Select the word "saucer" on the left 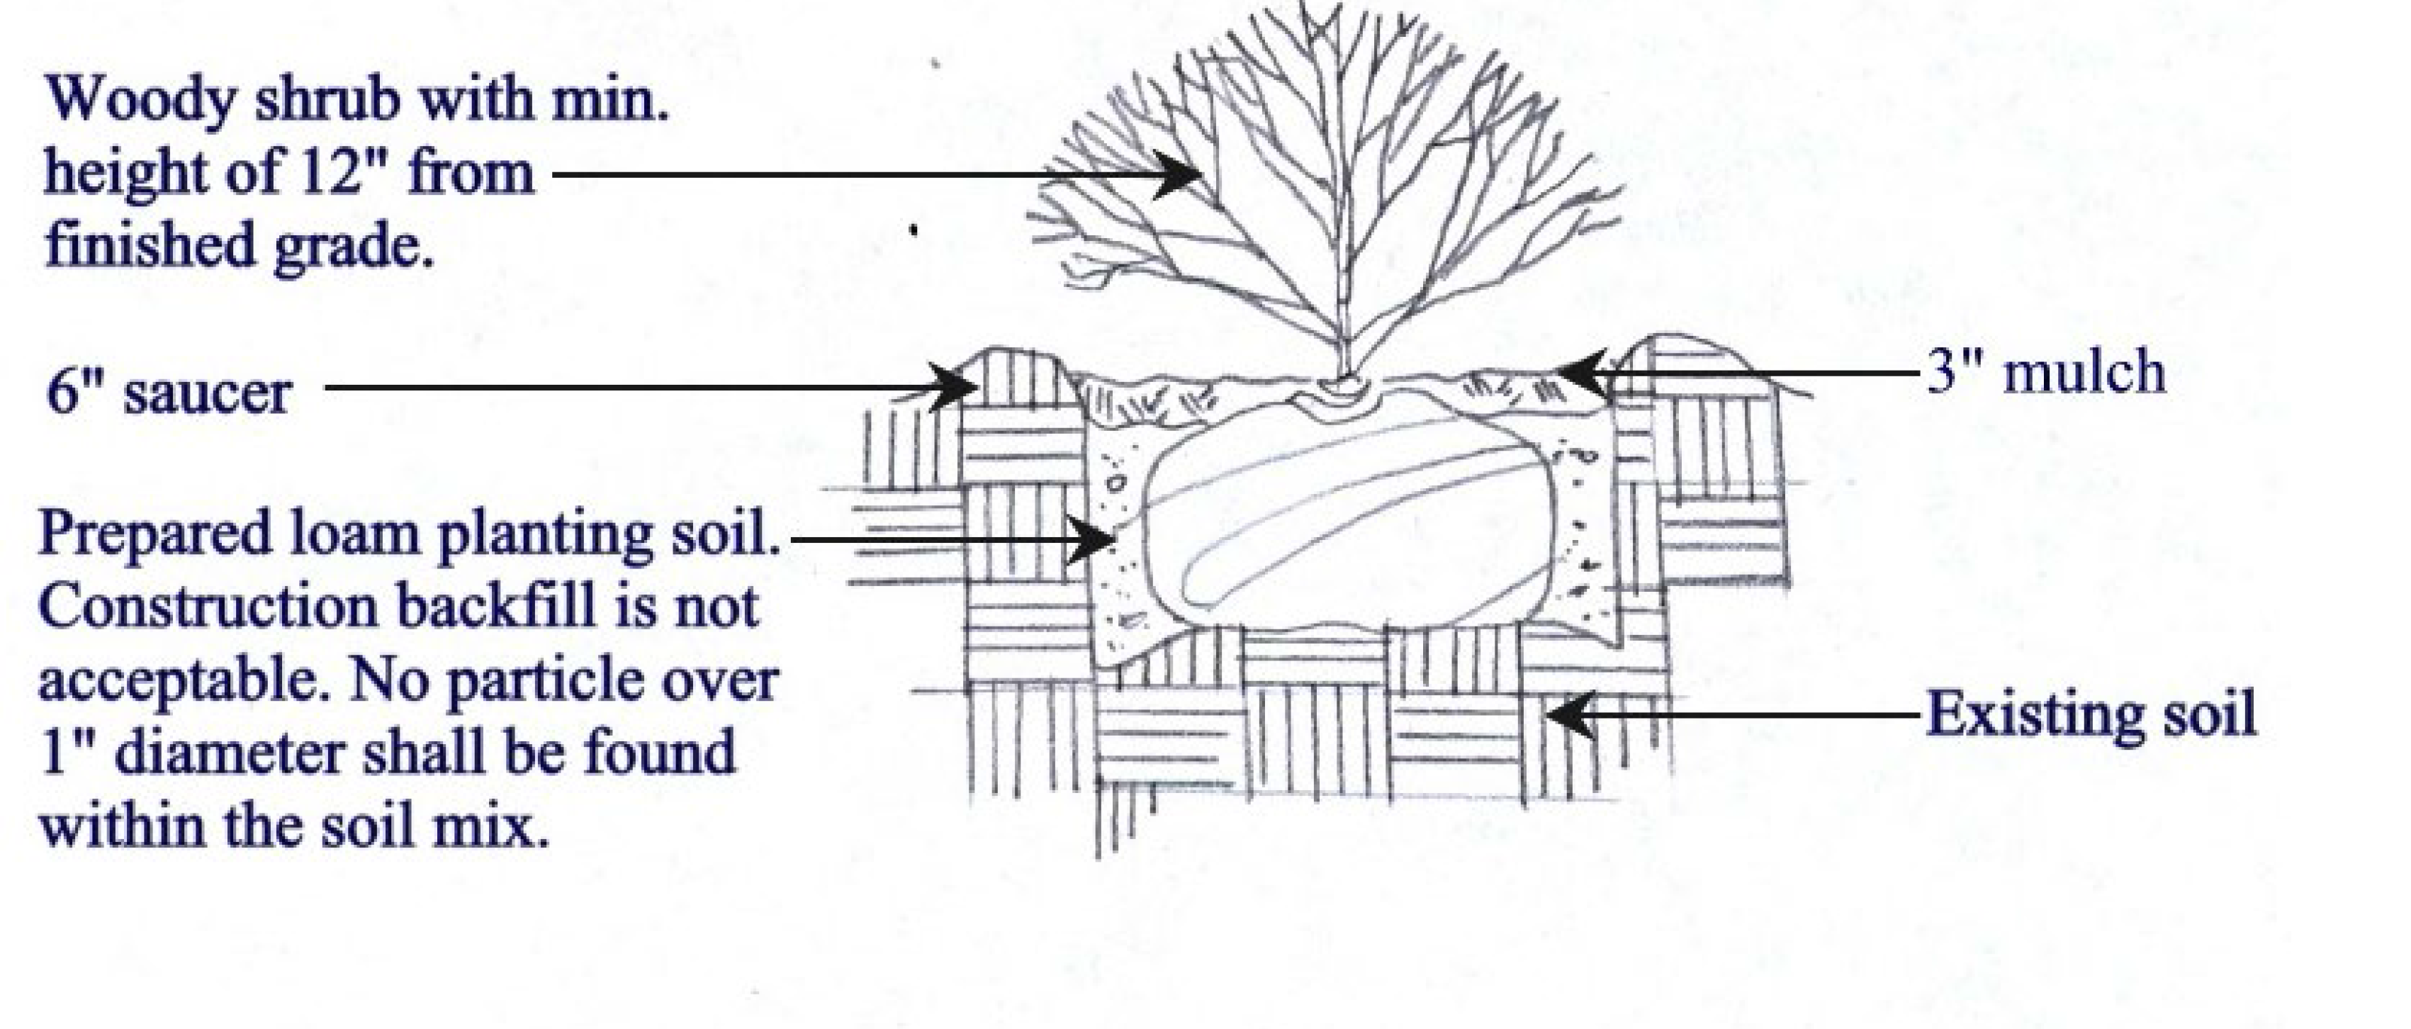[208, 393]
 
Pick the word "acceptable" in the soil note [181, 681]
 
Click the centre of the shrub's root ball [1348, 534]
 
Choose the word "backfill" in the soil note [496, 607]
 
